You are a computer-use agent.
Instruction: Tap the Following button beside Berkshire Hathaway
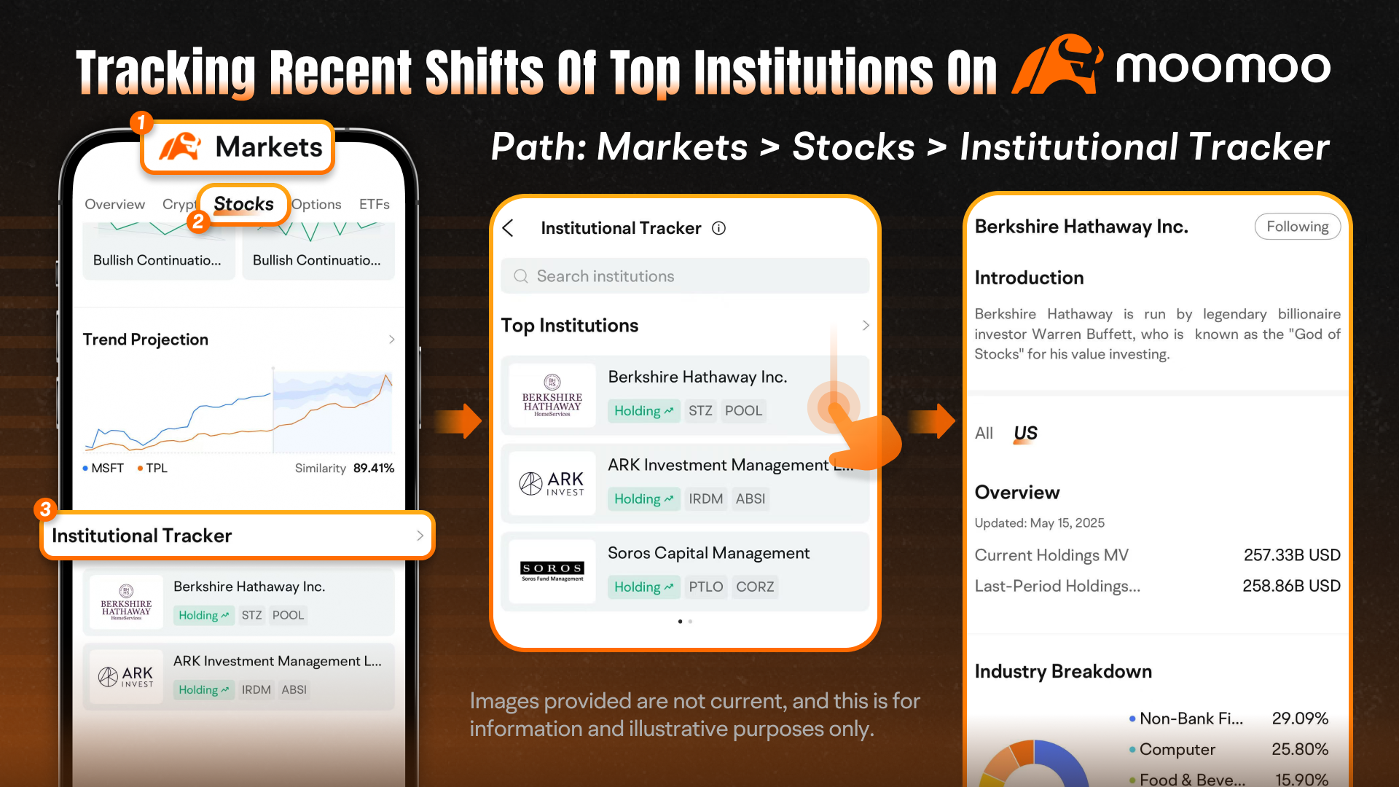[1297, 227]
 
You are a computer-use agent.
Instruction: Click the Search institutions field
[685, 276]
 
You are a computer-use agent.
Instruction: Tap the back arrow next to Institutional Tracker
[508, 228]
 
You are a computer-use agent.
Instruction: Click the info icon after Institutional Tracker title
[718, 228]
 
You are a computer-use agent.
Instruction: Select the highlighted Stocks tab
[243, 204]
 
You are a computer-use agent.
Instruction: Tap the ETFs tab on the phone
[374, 204]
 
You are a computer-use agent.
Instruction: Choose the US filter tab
[1025, 434]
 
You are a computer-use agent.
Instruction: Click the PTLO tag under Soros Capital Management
[705, 587]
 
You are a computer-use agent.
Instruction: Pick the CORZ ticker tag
[755, 587]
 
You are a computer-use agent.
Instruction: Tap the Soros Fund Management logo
[552, 571]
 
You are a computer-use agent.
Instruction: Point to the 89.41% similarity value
[374, 468]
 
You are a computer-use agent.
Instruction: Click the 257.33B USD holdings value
[1292, 555]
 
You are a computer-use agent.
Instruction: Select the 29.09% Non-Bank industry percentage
[1300, 719]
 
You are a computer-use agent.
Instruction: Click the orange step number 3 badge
[45, 509]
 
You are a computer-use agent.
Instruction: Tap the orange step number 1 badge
[141, 122]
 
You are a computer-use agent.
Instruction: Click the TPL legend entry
[152, 468]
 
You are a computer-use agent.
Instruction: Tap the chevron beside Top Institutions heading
[866, 325]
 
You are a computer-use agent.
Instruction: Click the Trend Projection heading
[146, 340]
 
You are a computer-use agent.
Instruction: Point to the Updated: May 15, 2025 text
[1040, 523]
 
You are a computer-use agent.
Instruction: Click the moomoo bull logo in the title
[1057, 66]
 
